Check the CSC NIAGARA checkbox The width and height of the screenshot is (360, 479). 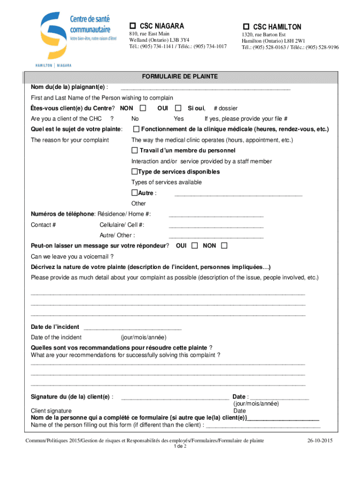[132, 26]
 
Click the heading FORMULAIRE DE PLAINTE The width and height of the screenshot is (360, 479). [180, 76]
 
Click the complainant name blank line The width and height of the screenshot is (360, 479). [205, 88]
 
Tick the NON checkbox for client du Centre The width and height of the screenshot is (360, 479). [143, 109]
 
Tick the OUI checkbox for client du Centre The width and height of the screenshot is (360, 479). [178, 109]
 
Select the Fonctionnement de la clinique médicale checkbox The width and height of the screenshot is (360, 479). [136, 129]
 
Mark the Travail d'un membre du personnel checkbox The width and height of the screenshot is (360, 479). [135, 151]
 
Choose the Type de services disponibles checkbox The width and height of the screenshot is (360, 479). [134, 172]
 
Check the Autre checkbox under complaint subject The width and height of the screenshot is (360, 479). [134, 193]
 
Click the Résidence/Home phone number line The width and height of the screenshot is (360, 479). [216, 216]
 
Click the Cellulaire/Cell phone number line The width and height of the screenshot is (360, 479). [216, 227]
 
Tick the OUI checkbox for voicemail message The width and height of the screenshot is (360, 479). [194, 246]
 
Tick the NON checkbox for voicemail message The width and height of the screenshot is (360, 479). [224, 246]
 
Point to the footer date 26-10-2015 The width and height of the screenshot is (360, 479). [320, 441]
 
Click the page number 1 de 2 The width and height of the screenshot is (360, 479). [180, 446]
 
